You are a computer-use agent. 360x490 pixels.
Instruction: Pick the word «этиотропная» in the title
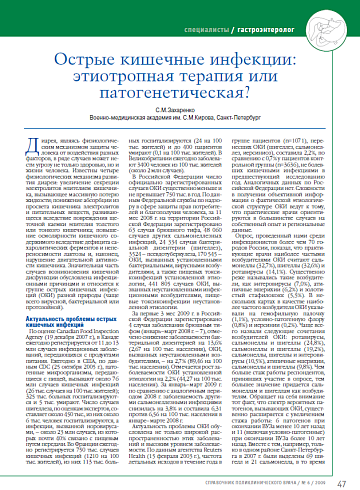pyautogui.click(x=126, y=71)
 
